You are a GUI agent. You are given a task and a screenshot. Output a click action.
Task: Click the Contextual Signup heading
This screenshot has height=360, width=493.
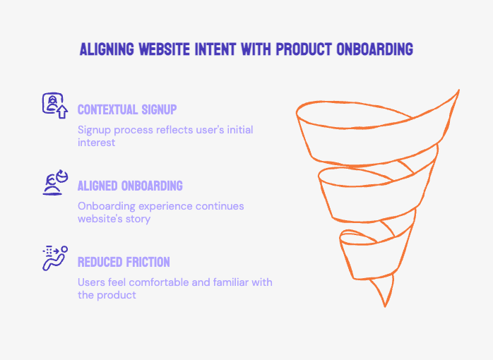tap(127, 110)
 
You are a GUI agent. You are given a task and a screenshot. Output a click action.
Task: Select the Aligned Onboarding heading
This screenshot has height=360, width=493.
tap(130, 186)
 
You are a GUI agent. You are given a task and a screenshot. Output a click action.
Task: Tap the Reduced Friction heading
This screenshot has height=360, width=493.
tap(124, 263)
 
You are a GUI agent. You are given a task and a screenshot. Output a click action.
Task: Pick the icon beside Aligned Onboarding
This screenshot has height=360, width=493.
tap(54, 182)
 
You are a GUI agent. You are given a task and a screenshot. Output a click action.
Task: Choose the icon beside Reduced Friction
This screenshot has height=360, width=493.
tap(54, 258)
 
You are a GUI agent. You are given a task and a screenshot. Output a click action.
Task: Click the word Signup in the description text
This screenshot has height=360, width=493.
tap(94, 131)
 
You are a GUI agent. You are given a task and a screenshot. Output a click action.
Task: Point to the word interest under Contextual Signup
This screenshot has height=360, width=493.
tap(96, 143)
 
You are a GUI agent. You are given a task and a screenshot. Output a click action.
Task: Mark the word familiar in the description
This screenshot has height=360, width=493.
tap(226, 282)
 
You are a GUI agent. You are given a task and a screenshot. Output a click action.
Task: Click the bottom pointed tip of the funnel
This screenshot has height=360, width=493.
tap(385, 305)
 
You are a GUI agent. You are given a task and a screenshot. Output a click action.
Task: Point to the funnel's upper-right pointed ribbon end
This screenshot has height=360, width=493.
tap(458, 91)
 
